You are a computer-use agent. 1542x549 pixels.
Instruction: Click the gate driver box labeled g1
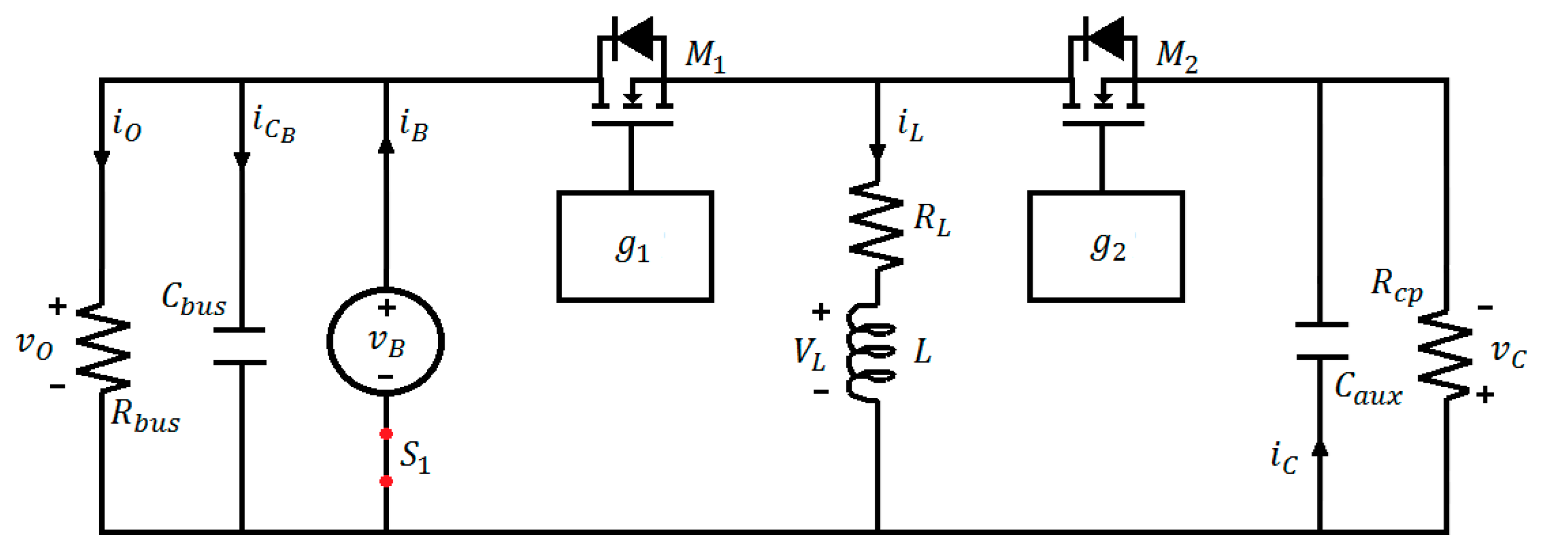(634, 246)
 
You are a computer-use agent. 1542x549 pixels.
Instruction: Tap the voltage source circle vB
(385, 342)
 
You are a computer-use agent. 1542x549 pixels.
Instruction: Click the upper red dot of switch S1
(385, 434)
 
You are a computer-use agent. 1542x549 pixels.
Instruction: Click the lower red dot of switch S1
(385, 481)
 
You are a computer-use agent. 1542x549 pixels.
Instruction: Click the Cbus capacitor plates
(240, 346)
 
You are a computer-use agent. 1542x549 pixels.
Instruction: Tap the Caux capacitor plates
(1321, 341)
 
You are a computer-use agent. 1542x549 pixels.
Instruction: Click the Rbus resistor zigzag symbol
(102, 349)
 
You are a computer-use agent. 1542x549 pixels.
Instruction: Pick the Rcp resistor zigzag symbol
(1445, 355)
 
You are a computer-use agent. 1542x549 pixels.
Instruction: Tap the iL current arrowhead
(877, 151)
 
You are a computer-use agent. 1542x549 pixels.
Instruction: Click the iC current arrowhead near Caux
(1319, 448)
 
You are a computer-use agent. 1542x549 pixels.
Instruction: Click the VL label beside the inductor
(808, 354)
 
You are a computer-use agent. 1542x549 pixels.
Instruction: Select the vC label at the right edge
(1508, 352)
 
